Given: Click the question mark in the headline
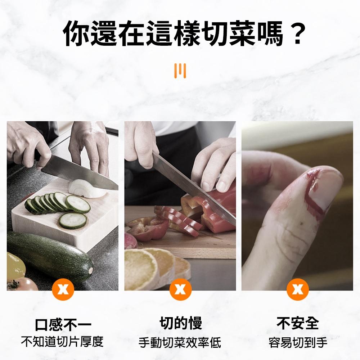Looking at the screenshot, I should (x=297, y=34).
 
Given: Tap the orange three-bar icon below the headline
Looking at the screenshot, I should (x=180, y=71).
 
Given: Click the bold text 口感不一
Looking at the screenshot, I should (x=63, y=324).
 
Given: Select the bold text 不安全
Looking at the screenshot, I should (x=298, y=323).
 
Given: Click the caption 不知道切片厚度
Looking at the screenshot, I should (x=62, y=341).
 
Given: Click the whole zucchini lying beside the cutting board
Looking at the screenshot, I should (x=50, y=256).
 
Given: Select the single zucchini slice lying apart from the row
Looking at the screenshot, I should (x=73, y=220).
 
